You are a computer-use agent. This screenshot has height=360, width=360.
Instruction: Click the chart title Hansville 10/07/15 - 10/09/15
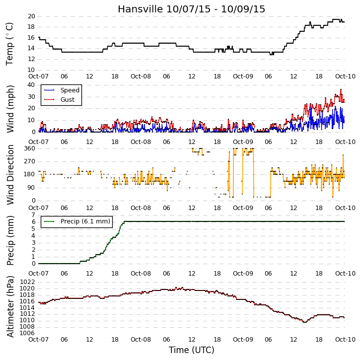192,9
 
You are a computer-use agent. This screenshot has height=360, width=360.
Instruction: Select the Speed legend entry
62,90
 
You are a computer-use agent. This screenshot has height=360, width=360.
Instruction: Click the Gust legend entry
59,100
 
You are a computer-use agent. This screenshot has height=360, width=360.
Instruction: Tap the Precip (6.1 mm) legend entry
77,221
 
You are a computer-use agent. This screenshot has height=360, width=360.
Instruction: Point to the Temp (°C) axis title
9,44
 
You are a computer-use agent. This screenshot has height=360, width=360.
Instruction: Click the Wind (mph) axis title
10,109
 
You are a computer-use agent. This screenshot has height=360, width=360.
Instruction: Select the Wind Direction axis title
10,174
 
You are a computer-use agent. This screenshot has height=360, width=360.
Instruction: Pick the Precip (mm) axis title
10,240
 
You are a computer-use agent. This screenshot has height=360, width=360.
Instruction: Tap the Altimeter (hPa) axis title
10,306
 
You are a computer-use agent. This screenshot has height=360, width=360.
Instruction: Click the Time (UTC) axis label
192,350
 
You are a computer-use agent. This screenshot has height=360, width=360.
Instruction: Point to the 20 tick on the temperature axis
31,16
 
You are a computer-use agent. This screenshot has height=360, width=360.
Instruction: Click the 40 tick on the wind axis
31,85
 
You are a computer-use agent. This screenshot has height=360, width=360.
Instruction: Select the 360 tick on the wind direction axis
30,148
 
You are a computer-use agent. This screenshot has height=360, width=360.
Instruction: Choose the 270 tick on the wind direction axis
30,161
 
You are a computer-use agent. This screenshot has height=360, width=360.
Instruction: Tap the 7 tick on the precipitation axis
34,215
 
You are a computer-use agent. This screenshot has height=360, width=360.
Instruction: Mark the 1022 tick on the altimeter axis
27,282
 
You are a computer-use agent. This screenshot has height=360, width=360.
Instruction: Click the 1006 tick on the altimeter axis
27,333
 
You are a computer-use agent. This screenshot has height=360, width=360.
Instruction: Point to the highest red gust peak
341,89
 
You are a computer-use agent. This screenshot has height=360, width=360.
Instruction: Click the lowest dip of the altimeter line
305,322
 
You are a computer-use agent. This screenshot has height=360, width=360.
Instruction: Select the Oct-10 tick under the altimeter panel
345,339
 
